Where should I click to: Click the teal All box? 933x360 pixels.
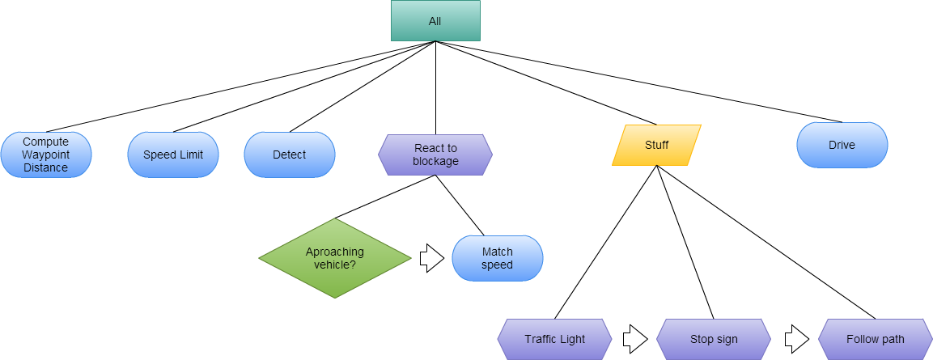435,21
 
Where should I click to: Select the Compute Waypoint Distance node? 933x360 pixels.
46,155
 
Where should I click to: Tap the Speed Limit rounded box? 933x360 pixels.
173,155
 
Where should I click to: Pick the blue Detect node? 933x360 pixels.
290,155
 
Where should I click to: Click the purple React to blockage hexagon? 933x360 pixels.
435,155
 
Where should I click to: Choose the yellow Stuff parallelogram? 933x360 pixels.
656,146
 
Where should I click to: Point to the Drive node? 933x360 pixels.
842,146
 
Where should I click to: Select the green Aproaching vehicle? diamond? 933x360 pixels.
335,258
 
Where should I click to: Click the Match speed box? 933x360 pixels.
497,258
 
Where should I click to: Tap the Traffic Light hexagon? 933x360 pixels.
554,339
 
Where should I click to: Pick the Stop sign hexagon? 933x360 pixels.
714,339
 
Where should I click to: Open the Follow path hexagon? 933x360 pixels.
875,339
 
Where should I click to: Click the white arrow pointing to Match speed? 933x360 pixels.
431,258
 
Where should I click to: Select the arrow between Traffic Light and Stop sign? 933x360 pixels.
634,339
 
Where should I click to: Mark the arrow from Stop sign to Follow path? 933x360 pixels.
796,339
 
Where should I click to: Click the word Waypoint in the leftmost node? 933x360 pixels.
45,155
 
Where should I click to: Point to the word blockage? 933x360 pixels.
435,161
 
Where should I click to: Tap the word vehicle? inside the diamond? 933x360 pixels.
335,265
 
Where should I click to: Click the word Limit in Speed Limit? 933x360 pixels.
189,155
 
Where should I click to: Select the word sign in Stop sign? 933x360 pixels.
727,339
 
